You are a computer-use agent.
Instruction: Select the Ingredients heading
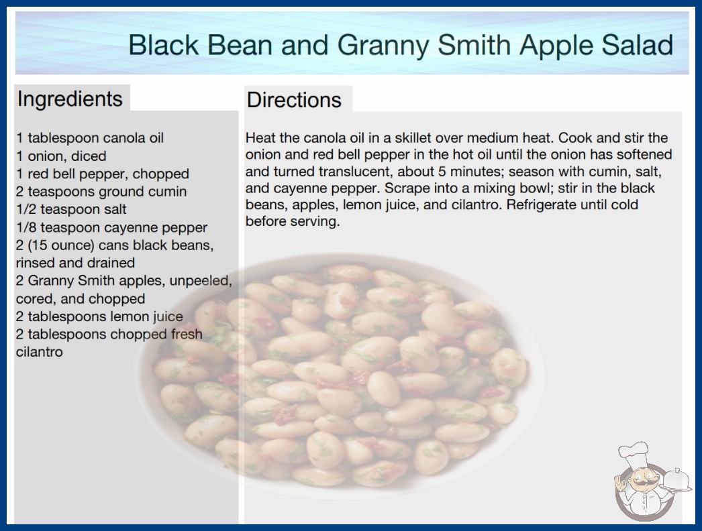tap(70, 99)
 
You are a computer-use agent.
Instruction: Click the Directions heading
tap(294, 100)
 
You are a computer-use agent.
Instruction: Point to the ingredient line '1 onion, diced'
tap(61, 156)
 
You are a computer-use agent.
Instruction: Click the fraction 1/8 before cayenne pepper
tap(26, 227)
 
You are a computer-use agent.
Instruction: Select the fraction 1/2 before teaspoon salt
tap(26, 209)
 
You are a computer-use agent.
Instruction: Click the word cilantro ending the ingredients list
tap(40, 352)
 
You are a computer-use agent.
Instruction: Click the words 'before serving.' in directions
tap(293, 221)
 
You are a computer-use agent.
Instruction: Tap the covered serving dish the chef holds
tap(676, 480)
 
